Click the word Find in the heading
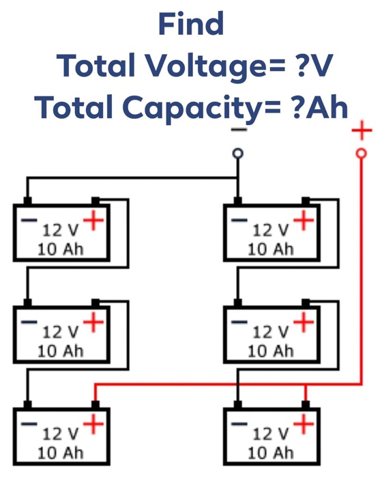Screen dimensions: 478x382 point(191,25)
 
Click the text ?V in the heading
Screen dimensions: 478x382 point(306,66)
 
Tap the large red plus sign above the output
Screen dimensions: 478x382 point(362,130)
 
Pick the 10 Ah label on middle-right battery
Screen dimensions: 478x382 point(271,351)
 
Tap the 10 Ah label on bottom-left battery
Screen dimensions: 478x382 point(60,453)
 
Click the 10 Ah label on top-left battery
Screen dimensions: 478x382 point(60,249)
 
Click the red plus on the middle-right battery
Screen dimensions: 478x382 point(304,322)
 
